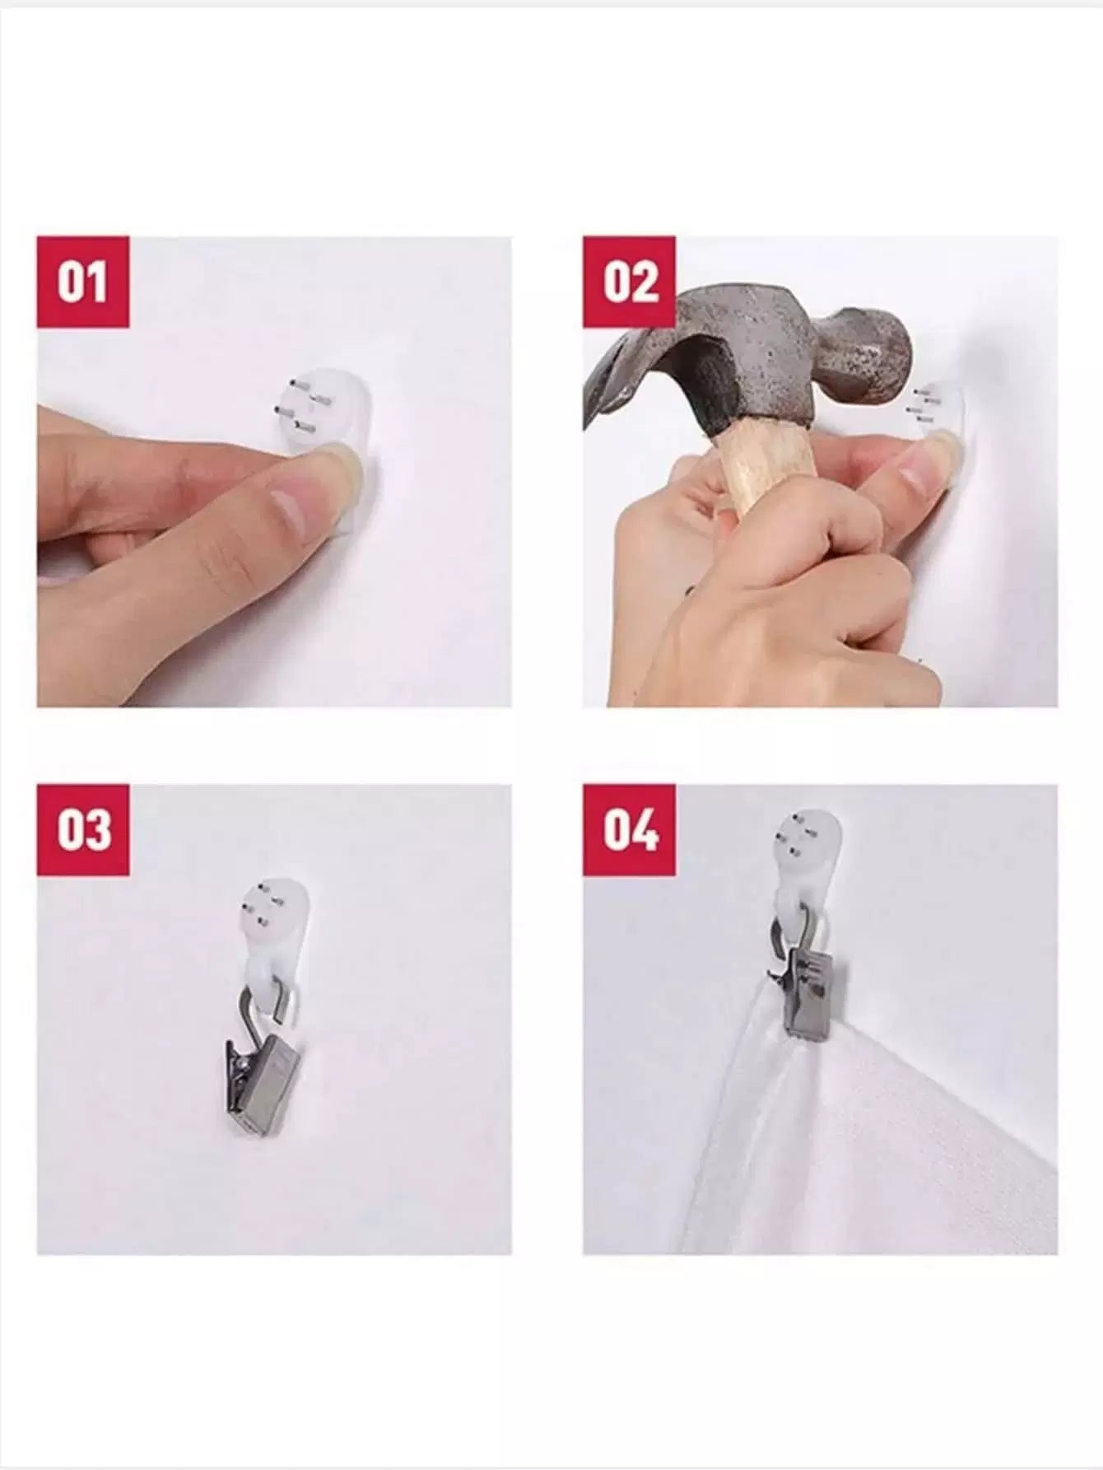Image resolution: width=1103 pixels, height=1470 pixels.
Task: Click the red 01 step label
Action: coord(83,282)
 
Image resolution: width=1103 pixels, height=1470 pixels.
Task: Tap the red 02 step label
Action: coord(630,282)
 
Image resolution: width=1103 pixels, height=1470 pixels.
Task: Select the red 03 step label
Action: coord(83,829)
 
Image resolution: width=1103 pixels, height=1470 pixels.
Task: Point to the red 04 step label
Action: coord(630,829)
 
